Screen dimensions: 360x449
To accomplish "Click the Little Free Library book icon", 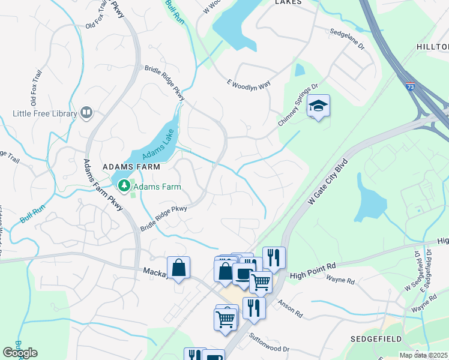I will click(x=86, y=113).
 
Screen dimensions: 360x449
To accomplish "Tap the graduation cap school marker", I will click(x=319, y=107).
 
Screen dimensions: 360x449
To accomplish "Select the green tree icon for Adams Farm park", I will click(x=124, y=186).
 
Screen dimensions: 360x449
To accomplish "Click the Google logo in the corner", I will click(x=20, y=352).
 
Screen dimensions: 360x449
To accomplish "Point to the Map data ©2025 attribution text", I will click(x=423, y=355).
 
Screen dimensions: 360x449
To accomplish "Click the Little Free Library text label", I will click(x=45, y=113).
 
